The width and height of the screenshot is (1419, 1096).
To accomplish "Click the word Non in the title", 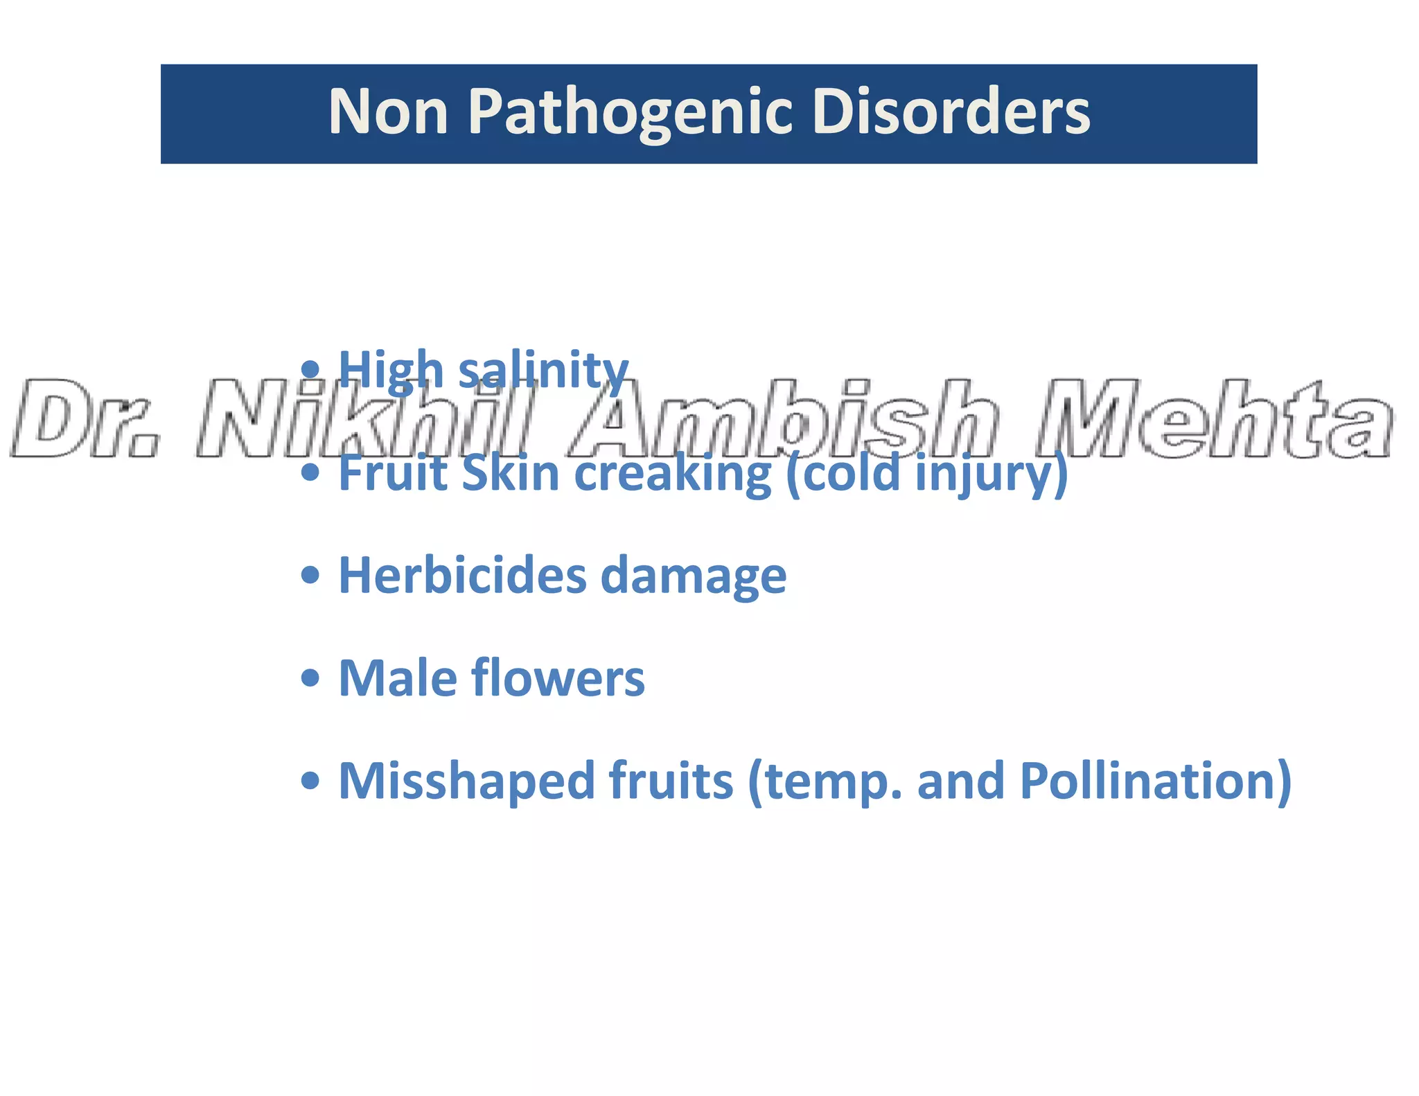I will [388, 112].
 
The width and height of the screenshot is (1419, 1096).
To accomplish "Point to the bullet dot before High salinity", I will [310, 369].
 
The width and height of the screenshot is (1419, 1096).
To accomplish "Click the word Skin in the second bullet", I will [510, 472].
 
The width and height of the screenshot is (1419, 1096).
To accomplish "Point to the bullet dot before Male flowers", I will [310, 678].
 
